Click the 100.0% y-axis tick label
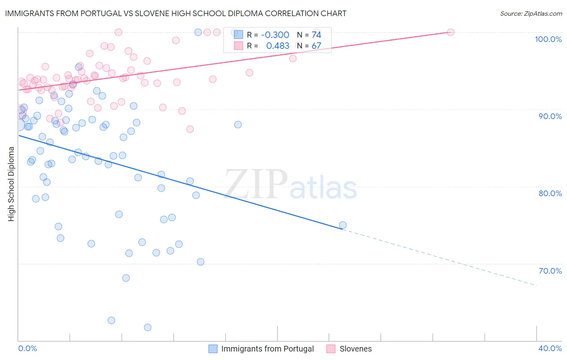click(548, 39)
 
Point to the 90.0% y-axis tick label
click(550, 116)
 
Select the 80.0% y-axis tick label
click(550, 193)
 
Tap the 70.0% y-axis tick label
click(550, 271)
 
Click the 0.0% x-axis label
click(27, 348)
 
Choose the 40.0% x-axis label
click(550, 348)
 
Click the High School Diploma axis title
click(11, 184)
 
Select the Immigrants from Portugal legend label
click(267, 349)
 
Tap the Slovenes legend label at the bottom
click(355, 349)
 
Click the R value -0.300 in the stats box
click(275, 35)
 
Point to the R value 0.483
click(277, 46)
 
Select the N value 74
click(316, 35)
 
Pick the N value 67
click(316, 46)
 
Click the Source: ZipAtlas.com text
click(531, 14)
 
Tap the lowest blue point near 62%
click(148, 327)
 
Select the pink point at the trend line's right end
click(450, 32)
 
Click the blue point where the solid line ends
click(343, 225)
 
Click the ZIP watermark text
click(256, 184)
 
